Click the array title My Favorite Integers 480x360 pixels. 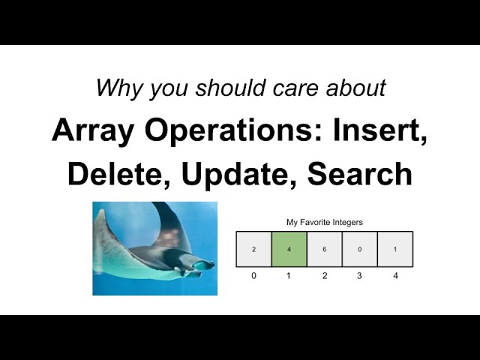click(x=324, y=222)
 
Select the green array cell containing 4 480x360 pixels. click(x=289, y=249)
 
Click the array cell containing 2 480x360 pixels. click(x=253, y=249)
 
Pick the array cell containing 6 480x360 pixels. click(x=324, y=249)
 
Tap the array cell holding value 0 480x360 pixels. click(x=359, y=249)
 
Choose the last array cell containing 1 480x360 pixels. click(x=395, y=249)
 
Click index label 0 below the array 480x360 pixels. click(x=253, y=276)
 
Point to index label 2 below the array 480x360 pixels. click(x=324, y=276)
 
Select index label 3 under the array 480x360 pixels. click(x=359, y=276)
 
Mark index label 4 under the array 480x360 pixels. click(x=395, y=276)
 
